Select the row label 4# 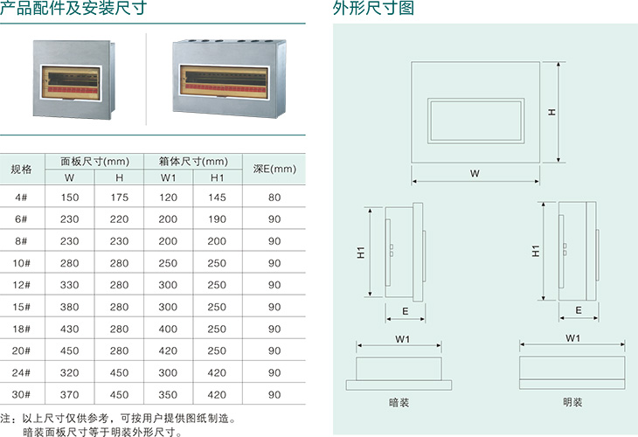coord(22,198)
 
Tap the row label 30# coord(22,395)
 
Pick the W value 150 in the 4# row coord(70,198)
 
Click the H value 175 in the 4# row coord(120,198)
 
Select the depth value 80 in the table coord(274,198)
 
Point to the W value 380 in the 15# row coord(70,308)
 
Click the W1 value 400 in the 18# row coord(169,329)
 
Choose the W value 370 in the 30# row coord(70,395)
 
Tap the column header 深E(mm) coord(274,169)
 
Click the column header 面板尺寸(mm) coord(94,161)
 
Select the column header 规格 coord(22,169)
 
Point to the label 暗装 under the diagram coord(399,404)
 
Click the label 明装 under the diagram coord(572,404)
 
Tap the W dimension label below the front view coord(475,173)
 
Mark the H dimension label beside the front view coord(553,112)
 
